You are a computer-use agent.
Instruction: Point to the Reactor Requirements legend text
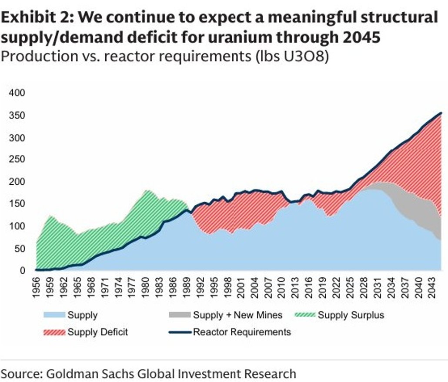pyautogui.click(x=242, y=332)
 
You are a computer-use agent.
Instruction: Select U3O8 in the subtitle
pyautogui.click(x=306, y=57)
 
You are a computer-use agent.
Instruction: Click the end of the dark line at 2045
pyautogui.click(x=441, y=113)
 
